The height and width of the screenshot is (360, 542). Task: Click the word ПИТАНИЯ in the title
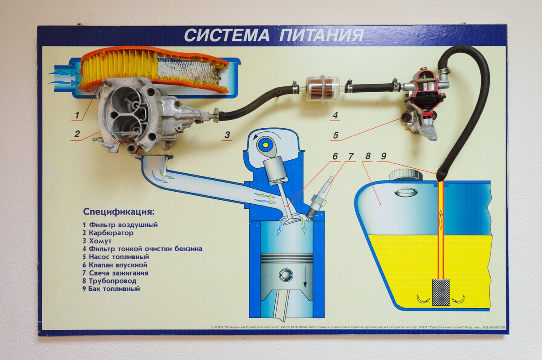click(x=322, y=36)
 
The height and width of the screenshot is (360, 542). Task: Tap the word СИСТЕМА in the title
click(x=227, y=36)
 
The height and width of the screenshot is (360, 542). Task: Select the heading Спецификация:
click(x=119, y=212)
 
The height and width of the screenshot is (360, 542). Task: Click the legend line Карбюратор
click(x=111, y=233)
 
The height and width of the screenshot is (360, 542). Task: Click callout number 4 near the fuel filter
click(x=335, y=115)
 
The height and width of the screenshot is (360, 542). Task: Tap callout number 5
click(x=336, y=135)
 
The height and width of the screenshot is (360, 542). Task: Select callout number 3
click(x=227, y=135)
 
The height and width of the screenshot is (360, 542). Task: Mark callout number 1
click(x=77, y=115)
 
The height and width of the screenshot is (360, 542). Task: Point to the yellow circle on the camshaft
click(x=265, y=145)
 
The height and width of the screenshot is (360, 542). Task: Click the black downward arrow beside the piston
click(x=305, y=277)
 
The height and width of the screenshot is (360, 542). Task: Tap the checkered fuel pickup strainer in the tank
click(x=441, y=292)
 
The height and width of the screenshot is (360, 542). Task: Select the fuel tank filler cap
click(x=406, y=175)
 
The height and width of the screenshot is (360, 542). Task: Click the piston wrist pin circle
click(x=286, y=275)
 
